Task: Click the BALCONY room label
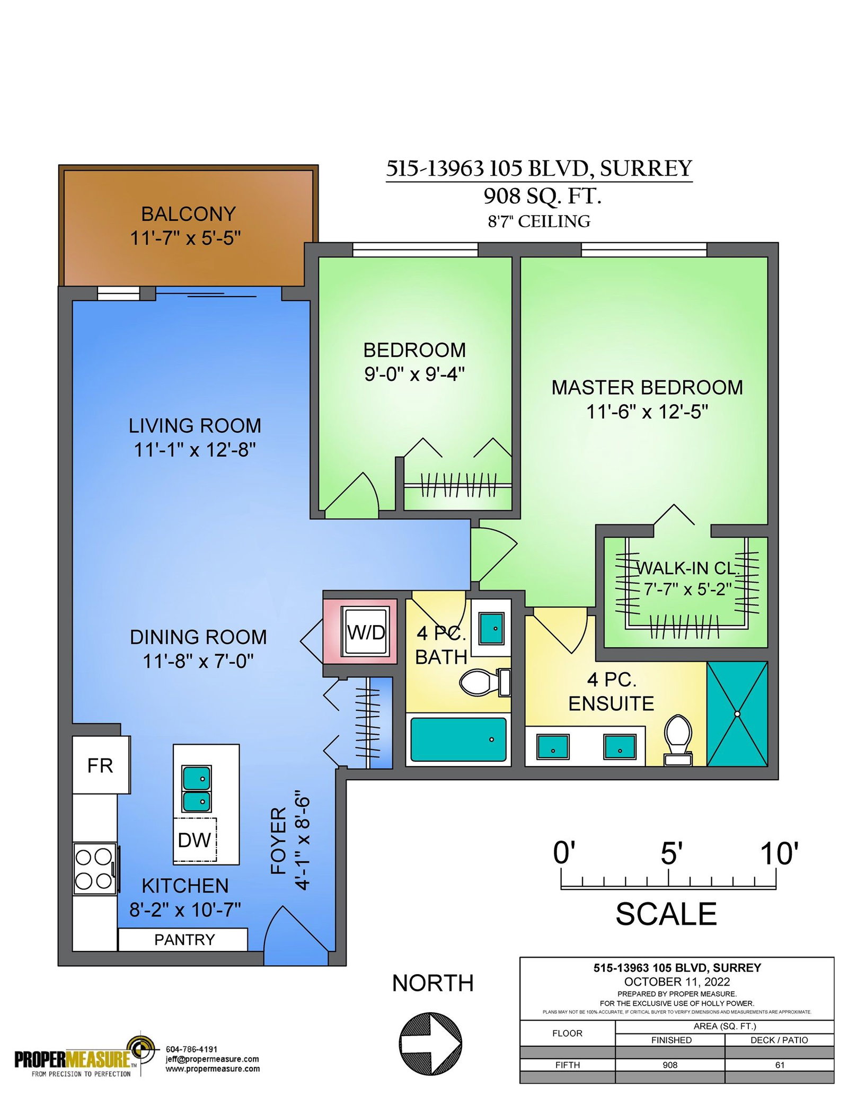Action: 188,214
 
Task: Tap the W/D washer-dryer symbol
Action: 366,632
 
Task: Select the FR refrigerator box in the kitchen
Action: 101,765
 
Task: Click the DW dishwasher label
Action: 195,840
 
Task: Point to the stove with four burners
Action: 95,869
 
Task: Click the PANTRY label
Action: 184,939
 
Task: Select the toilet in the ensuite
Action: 678,739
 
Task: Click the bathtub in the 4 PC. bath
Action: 458,739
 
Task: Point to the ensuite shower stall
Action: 737,714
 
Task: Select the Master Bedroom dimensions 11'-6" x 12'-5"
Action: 647,412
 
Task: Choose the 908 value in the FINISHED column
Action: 670,1065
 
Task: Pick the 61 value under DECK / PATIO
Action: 780,1065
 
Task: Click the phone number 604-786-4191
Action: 192,1049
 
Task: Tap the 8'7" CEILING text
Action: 539,221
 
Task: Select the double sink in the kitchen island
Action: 197,789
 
